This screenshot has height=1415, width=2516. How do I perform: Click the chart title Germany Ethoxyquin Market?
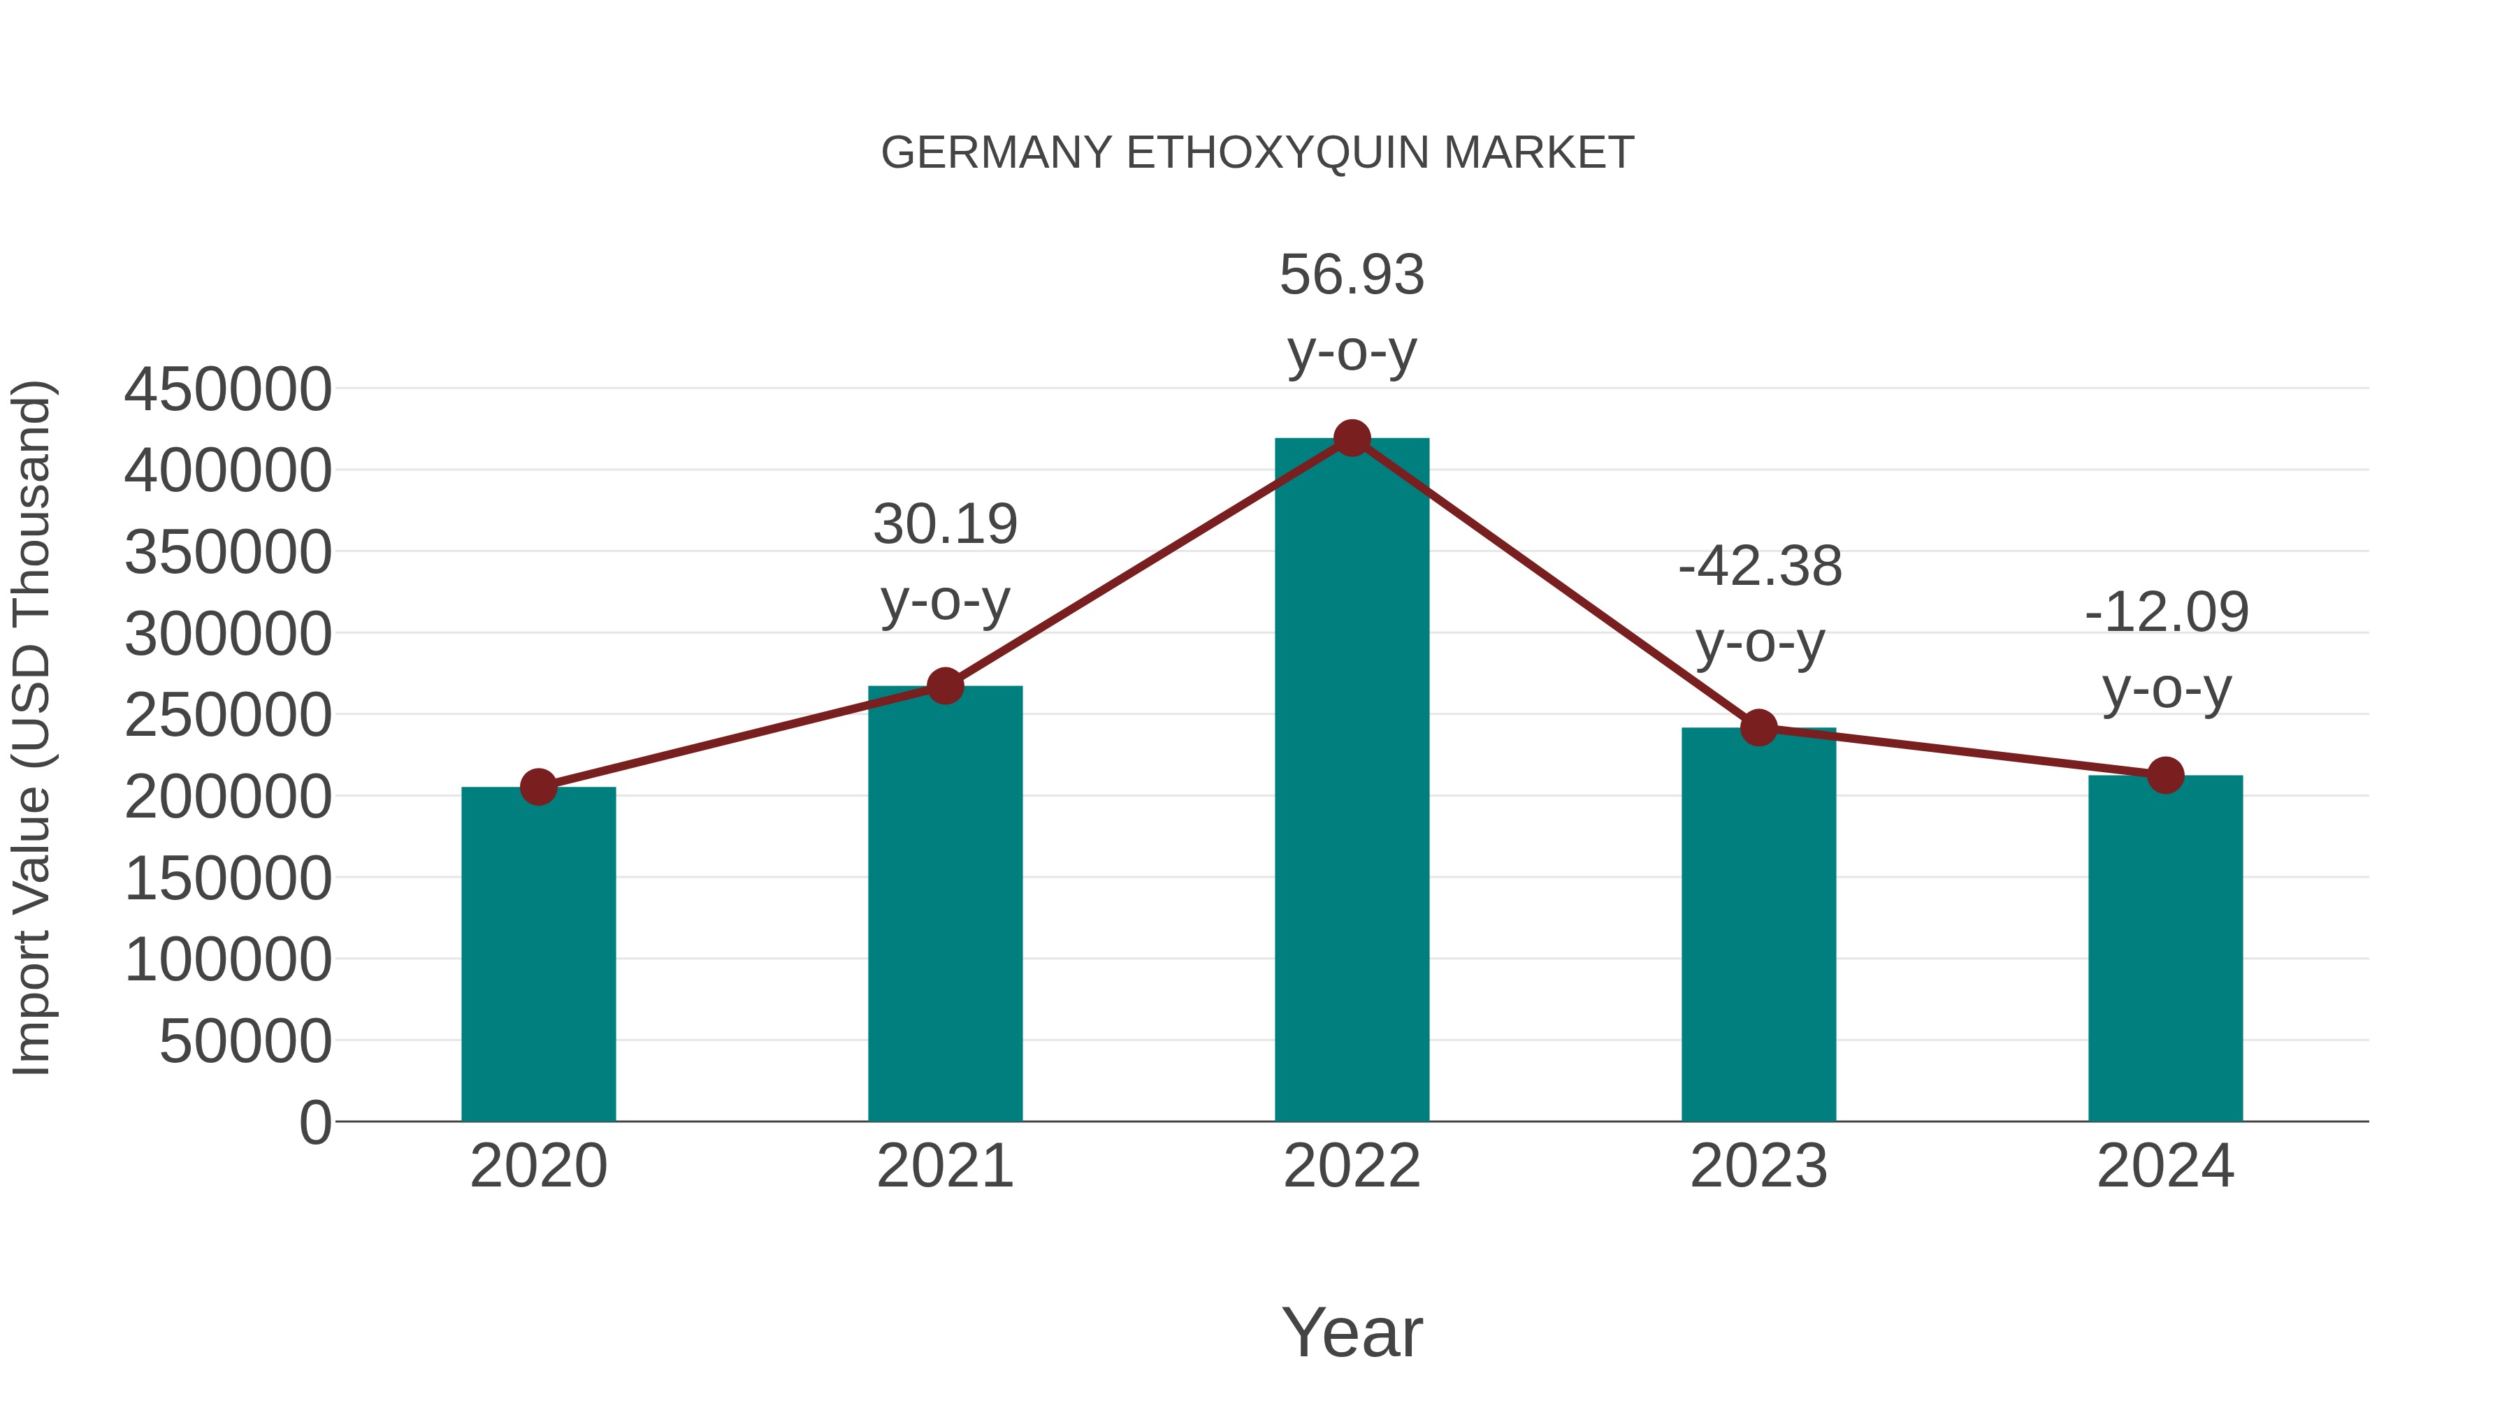tap(1257, 153)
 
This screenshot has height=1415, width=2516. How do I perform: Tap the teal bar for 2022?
tap(1352, 781)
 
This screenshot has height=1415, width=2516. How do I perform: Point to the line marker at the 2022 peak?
tap(1352, 438)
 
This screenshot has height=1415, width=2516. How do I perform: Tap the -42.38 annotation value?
tap(1760, 567)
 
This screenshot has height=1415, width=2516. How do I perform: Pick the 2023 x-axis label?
tap(1759, 1166)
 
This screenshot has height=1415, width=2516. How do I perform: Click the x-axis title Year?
tap(1352, 1332)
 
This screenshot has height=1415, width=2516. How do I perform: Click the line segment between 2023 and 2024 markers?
tap(1962, 752)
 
